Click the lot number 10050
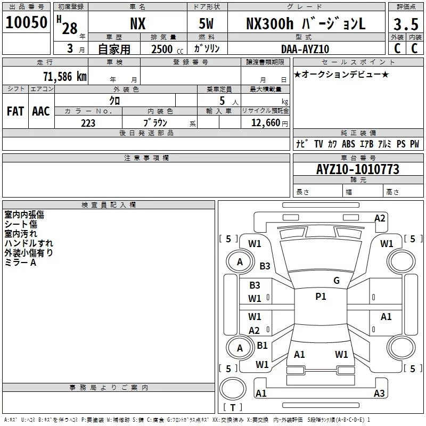coord(26,22)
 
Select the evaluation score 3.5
coord(406,24)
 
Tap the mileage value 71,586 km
coord(65,77)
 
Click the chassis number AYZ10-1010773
coord(358,169)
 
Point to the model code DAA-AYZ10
coord(305,49)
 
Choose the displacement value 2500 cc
coord(167,49)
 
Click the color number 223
coord(88,123)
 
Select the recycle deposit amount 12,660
coord(265,123)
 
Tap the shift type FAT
coord(15,111)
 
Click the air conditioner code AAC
coord(41,111)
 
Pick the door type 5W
coord(206,23)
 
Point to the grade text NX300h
coord(270,23)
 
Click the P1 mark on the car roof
coord(321,297)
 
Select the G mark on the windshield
coord(337,280)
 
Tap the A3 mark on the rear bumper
coord(379,393)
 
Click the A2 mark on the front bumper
coord(380,218)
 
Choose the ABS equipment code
coord(348,144)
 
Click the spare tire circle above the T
coord(233,389)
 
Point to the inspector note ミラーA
coord(20,263)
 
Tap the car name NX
coord(138,23)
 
